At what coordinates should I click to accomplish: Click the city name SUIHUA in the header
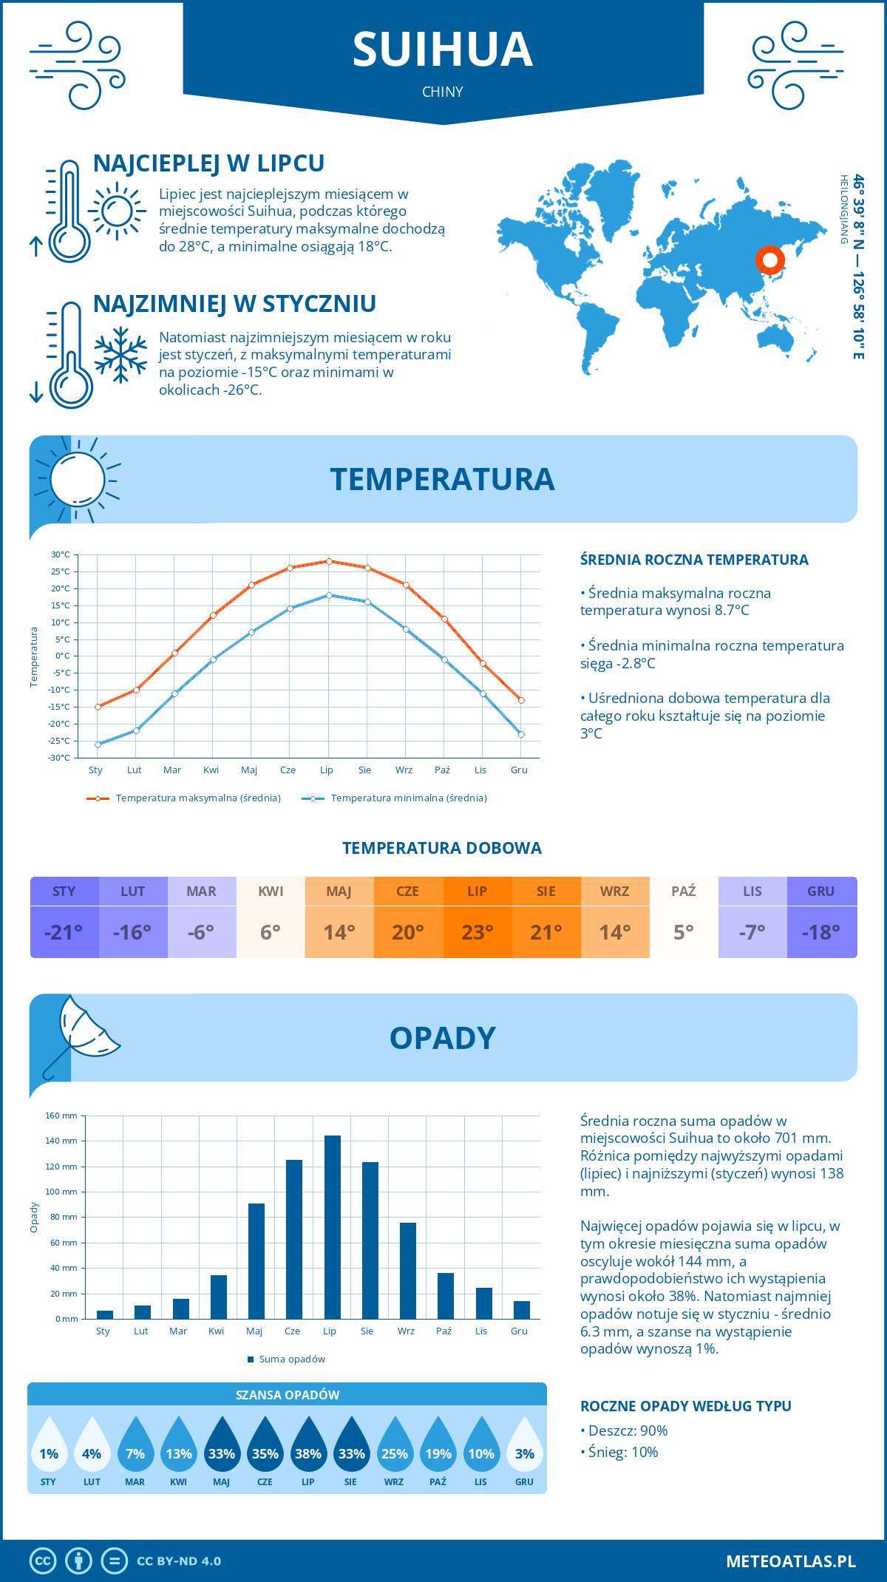point(442,50)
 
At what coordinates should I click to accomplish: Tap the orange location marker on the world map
point(769,260)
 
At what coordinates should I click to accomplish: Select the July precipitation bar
point(333,1227)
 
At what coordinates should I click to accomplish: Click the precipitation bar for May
point(256,1261)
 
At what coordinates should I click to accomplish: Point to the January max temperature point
point(98,707)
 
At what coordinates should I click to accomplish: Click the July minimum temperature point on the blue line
point(329,595)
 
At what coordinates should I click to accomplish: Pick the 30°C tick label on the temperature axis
point(61,554)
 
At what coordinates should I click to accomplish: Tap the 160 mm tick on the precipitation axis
point(62,1116)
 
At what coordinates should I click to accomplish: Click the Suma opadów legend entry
point(292,1359)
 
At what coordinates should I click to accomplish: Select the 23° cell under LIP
point(477,932)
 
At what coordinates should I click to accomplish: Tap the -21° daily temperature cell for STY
point(64,932)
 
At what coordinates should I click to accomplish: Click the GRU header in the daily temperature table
point(820,892)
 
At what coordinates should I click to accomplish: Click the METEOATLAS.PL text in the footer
point(790,1561)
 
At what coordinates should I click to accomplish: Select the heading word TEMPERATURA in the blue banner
point(442,479)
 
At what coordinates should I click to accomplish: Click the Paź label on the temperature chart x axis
point(442,770)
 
